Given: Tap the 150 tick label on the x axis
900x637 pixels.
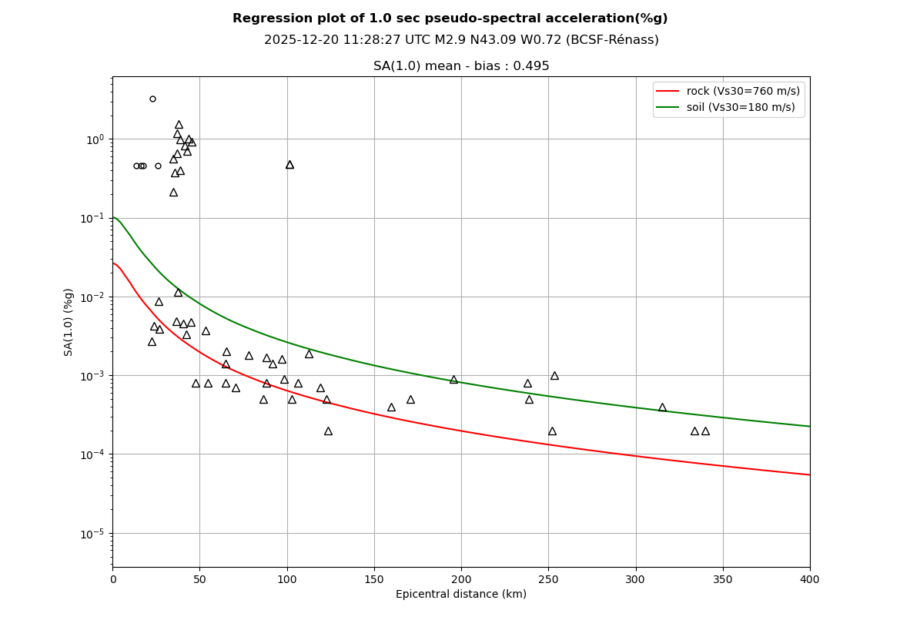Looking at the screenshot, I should [374, 579].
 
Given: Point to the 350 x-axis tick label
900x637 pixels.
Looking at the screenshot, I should [723, 579].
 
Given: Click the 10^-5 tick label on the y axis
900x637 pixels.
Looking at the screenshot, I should [93, 534].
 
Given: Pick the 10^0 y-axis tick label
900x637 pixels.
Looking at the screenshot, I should [95, 139].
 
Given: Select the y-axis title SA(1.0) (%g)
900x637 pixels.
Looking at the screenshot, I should [69, 322].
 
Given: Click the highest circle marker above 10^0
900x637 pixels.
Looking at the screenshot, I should [152, 99].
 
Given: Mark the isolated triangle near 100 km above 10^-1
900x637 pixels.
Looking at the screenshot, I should [289, 164].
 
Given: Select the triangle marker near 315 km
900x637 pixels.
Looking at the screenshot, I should [662, 407].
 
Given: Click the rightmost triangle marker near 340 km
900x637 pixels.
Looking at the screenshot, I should [705, 431].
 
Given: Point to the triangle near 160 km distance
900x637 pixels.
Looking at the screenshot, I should [391, 407].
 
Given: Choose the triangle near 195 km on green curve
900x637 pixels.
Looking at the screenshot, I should [453, 379].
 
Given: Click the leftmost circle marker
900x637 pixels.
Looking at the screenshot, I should [136, 166].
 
